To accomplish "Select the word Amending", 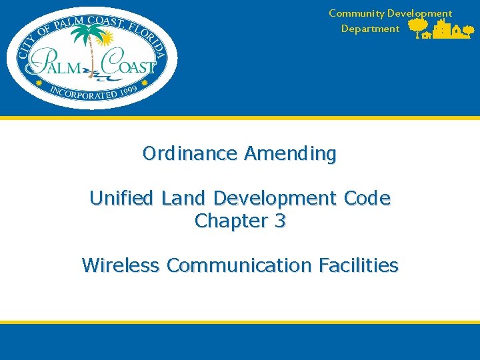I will (x=290, y=154).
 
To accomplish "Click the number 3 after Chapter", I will (x=280, y=221).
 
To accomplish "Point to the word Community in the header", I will (x=357, y=13).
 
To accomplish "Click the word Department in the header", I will (x=370, y=29).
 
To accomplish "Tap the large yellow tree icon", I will (x=419, y=27).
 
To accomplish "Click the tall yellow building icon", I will (x=441, y=29).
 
